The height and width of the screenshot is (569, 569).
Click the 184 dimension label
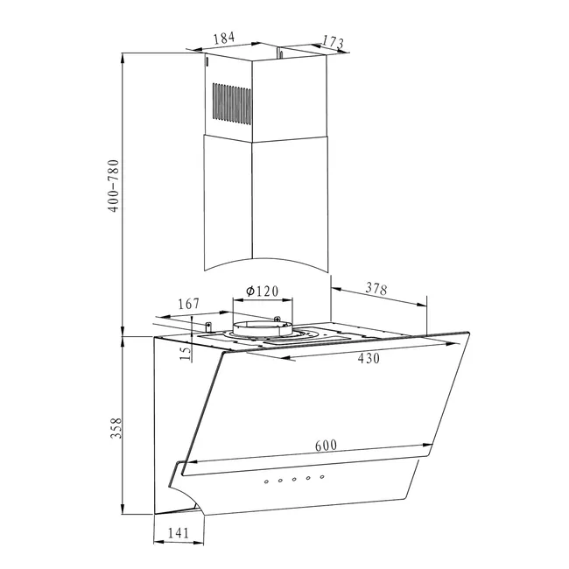(224, 38)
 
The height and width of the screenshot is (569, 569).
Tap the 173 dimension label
(333, 42)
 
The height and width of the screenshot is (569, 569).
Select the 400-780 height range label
(114, 186)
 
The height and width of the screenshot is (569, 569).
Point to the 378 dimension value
(376, 289)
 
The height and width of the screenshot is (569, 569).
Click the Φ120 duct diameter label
(262, 291)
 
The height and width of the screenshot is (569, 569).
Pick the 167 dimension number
(189, 304)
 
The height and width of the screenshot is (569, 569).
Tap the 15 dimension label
(185, 353)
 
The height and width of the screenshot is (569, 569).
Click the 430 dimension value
(369, 358)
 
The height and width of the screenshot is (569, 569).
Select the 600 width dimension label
(326, 446)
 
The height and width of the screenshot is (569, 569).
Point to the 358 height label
(116, 428)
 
